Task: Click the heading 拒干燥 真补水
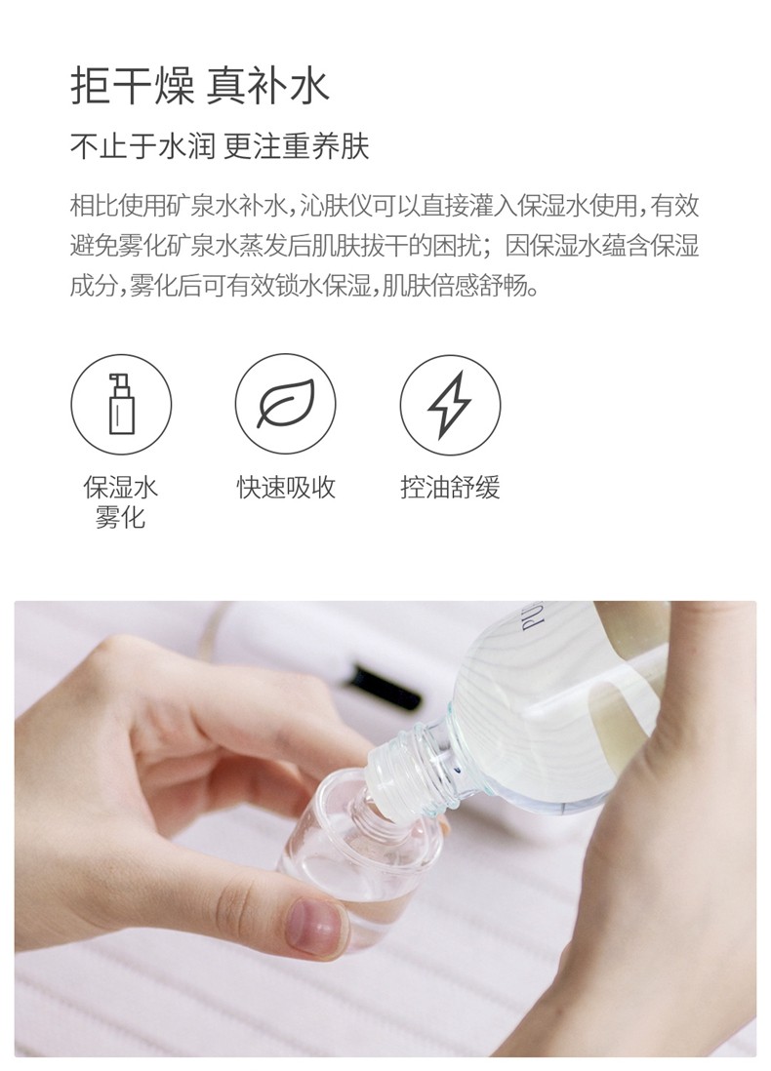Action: (x=200, y=87)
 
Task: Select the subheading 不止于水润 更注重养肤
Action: (x=220, y=148)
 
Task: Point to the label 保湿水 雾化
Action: (x=120, y=501)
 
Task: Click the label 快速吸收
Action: (x=285, y=488)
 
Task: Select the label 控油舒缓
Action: (x=450, y=488)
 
